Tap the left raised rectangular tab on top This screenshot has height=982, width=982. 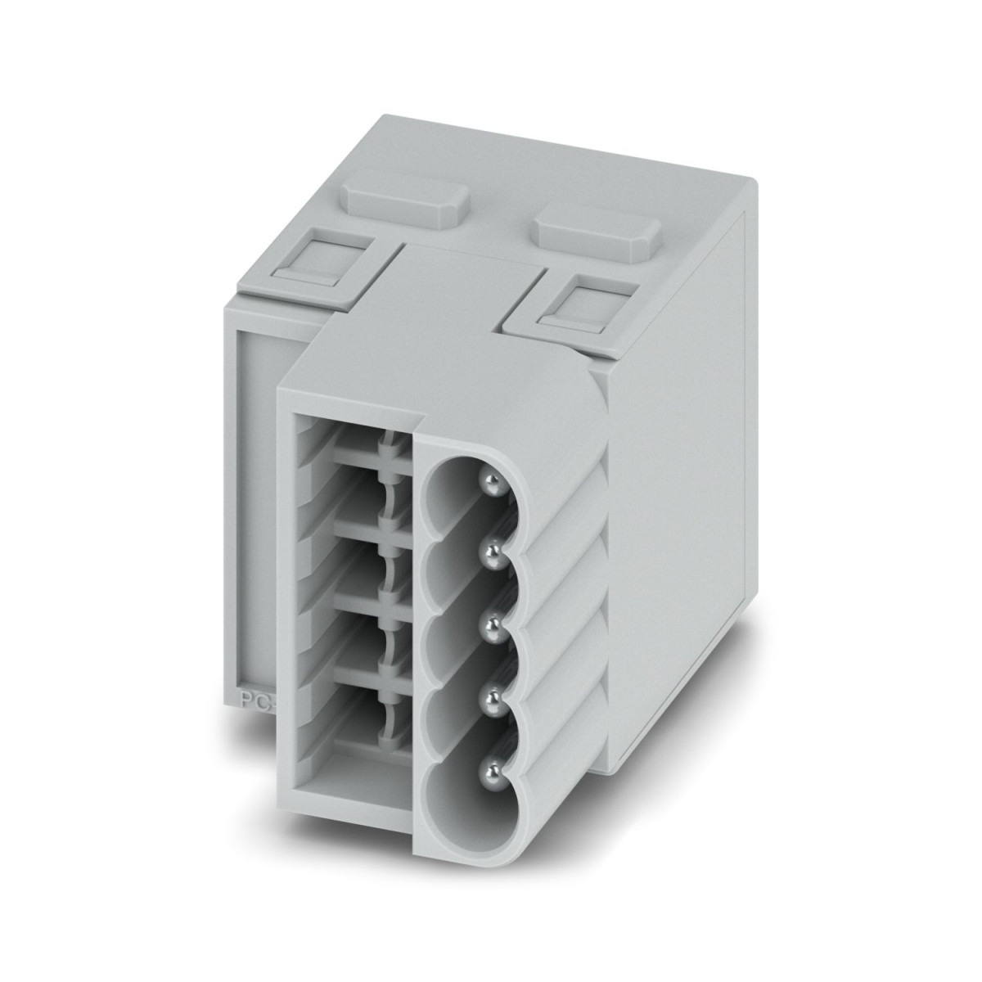coord(404,197)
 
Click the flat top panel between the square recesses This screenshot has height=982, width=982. coord(458,278)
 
